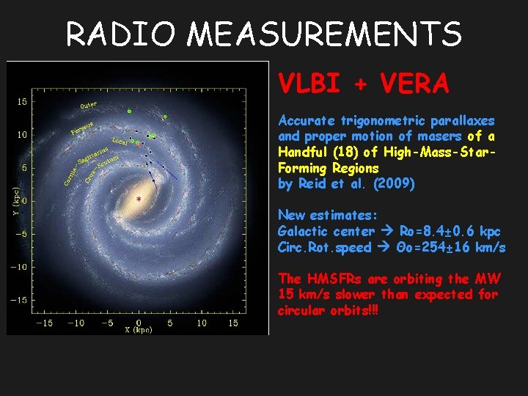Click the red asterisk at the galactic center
[x=138, y=199]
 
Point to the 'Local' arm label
[x=120, y=141]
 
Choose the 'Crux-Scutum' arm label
[x=100, y=168]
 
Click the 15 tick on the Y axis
[x=23, y=101]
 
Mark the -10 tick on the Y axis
[x=21, y=266]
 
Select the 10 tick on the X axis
[x=201, y=322]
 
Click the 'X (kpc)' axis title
[x=138, y=330]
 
